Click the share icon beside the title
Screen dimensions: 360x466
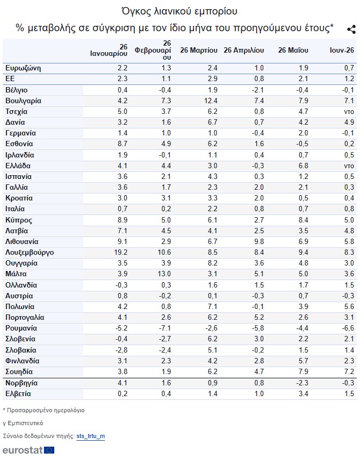coord(351,29)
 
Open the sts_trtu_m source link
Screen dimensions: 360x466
coord(91,436)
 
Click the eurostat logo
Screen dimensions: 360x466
coord(28,450)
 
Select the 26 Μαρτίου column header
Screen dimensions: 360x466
coord(199,50)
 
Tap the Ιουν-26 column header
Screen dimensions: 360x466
coord(342,50)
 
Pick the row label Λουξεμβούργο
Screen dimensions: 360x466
coord(30,253)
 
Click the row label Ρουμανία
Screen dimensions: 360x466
coord(21,328)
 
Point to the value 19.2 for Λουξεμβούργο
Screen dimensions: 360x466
coord(120,252)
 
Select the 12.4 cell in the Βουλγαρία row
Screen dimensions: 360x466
coord(211,101)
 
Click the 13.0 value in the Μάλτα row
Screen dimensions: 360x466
coord(164,274)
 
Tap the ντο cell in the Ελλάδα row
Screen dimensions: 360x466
coord(349,166)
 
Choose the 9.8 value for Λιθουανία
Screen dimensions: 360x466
coord(258,242)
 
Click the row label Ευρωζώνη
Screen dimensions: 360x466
coord(23,68)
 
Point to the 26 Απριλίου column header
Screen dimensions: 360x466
coord(244,50)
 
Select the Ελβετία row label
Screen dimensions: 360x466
coord(18,394)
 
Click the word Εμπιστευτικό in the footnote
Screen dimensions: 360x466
coord(25,423)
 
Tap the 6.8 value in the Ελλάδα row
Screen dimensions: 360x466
coord(303,166)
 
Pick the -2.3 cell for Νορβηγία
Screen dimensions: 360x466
coord(302,383)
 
